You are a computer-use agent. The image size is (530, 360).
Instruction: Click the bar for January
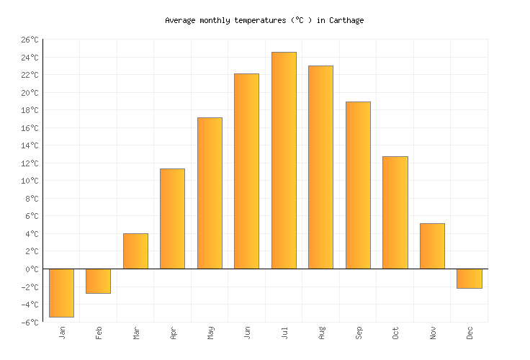pyautogui.click(x=61, y=292)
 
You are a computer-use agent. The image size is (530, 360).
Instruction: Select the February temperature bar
pyautogui.click(x=98, y=281)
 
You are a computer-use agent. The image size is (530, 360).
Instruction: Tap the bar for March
pyautogui.click(x=135, y=251)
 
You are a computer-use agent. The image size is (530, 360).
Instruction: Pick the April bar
pyautogui.click(x=172, y=219)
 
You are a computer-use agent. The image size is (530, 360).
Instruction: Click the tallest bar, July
pyautogui.click(x=284, y=161)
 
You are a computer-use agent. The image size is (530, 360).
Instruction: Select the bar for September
pyautogui.click(x=358, y=185)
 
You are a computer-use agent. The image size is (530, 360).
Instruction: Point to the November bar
pyautogui.click(x=432, y=246)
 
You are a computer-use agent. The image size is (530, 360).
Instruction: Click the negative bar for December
pyautogui.click(x=469, y=279)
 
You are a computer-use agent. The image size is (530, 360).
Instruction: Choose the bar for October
pyautogui.click(x=395, y=212)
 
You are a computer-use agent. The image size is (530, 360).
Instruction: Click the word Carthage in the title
pyautogui.click(x=347, y=20)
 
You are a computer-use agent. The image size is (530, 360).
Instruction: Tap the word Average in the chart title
pyautogui.click(x=180, y=20)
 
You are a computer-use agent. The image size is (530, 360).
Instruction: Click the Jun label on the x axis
pyautogui.click(x=247, y=332)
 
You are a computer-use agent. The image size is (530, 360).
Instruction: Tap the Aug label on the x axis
pyautogui.click(x=321, y=332)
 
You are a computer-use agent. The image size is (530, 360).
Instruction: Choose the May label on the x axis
pyautogui.click(x=210, y=332)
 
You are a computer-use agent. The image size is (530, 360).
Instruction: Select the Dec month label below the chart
pyautogui.click(x=470, y=332)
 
